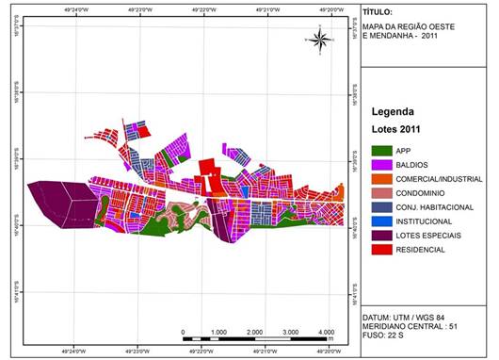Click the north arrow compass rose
319,40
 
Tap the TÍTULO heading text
378,15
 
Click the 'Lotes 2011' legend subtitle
397,128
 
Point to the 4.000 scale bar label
327,332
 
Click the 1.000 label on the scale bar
218,332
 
